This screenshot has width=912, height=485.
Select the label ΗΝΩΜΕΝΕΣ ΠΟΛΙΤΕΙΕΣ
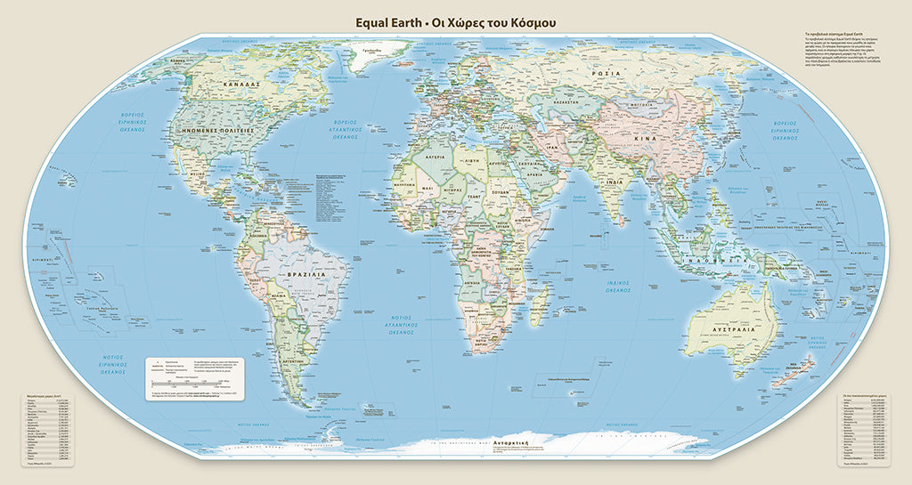tap(219, 130)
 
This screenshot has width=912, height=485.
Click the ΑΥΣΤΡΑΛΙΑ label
tap(733, 328)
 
